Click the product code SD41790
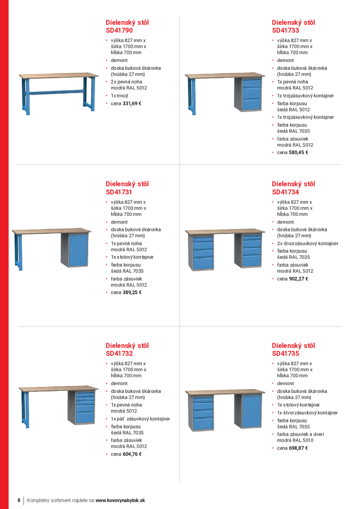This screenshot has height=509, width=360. [x=119, y=31]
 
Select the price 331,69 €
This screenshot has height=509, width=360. [x=132, y=103]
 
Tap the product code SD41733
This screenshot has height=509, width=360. [x=285, y=31]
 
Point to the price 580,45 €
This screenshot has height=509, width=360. [x=298, y=153]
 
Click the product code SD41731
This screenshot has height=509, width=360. [x=119, y=192]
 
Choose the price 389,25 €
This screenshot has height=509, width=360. [x=132, y=293]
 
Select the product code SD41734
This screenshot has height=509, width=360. [x=285, y=192]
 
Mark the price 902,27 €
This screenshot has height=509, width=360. [x=298, y=279]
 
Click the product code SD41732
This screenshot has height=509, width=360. [x=119, y=354]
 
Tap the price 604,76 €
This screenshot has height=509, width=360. [x=132, y=454]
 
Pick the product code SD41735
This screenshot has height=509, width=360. [x=285, y=354]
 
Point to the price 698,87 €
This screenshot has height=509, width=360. [x=298, y=448]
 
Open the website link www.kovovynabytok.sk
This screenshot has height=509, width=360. [x=120, y=500]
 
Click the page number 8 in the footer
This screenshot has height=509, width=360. [x=19, y=500]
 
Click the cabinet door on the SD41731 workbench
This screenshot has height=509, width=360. [x=78, y=250]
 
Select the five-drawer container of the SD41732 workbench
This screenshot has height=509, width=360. [x=85, y=407]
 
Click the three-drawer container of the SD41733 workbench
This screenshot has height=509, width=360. [x=252, y=94]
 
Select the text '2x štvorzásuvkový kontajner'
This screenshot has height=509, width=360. [x=307, y=244]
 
